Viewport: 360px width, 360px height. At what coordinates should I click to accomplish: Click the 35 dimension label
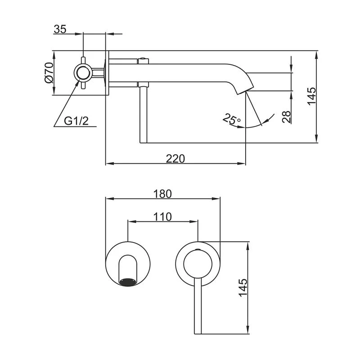[x=60, y=30]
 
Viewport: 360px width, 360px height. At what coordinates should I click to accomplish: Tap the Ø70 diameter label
[x=49, y=72]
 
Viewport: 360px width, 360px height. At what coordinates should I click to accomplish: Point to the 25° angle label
[x=232, y=120]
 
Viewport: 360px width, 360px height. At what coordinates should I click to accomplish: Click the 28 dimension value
[x=286, y=117]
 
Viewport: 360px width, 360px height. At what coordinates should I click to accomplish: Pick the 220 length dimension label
[x=175, y=158]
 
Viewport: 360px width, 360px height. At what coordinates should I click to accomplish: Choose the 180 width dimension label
[x=162, y=194]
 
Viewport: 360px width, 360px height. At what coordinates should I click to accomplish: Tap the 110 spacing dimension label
[x=162, y=217]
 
